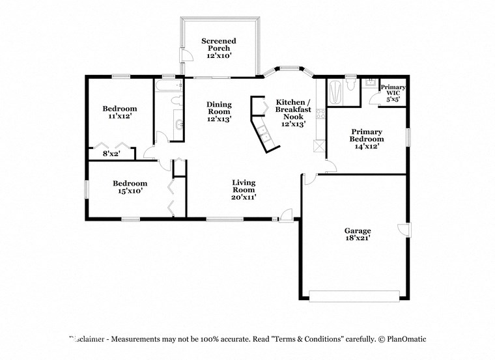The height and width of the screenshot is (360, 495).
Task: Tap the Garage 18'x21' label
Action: [x=358, y=235]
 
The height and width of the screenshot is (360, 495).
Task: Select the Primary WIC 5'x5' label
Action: [x=393, y=92]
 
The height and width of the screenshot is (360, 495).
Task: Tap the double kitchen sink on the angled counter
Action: [x=265, y=133]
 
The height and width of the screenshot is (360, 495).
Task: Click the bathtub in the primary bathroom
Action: [x=334, y=92]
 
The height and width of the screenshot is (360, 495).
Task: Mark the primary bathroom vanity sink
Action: [x=370, y=83]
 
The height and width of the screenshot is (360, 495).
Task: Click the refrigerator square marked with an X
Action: [x=318, y=147]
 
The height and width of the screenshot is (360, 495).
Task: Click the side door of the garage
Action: [x=404, y=228]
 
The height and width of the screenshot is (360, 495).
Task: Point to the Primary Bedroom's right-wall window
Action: [x=408, y=137]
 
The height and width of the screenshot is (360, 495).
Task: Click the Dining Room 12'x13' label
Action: [x=219, y=112]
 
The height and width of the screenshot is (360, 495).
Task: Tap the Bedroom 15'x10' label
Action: [x=130, y=187]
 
